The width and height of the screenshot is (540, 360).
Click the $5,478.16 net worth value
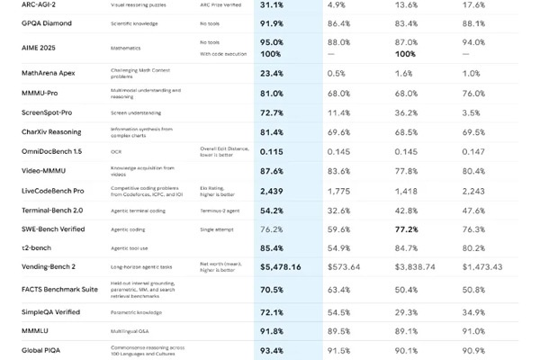(x=281, y=266)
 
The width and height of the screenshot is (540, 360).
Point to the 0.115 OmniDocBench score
(x=272, y=151)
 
